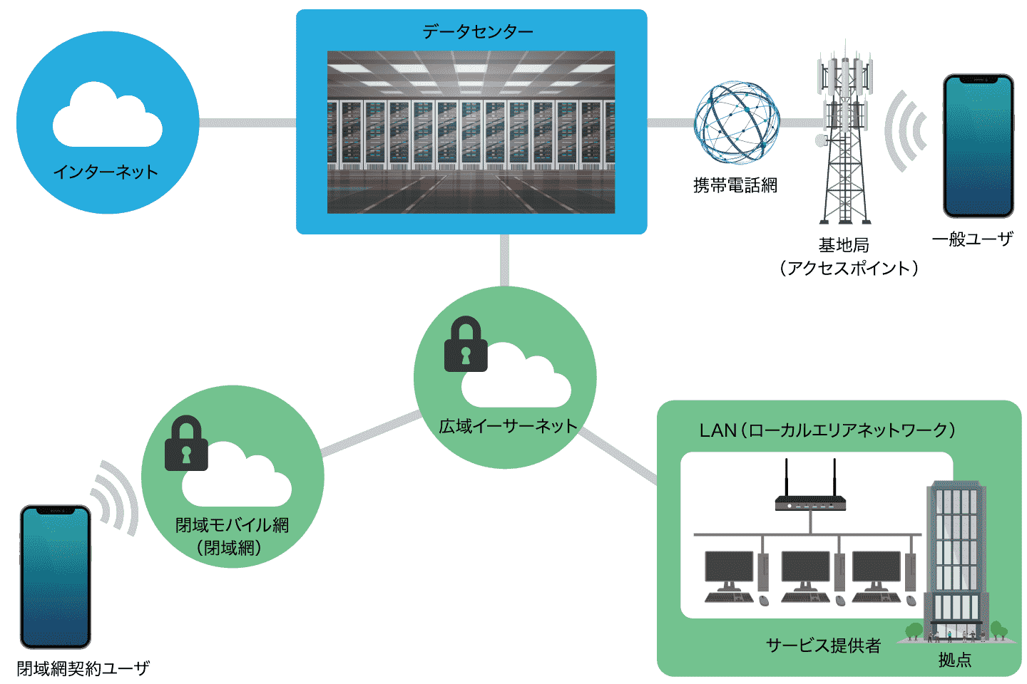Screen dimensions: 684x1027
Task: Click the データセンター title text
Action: pyautogui.click(x=477, y=32)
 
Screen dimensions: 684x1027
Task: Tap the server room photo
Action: pyautogui.click(x=471, y=133)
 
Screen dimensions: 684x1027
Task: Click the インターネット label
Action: pyautogui.click(x=106, y=172)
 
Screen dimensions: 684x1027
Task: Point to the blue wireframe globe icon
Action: pyautogui.click(x=737, y=122)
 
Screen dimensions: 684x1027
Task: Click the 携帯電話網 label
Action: pyautogui.click(x=735, y=186)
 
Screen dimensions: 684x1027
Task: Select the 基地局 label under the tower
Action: pyautogui.click(x=844, y=246)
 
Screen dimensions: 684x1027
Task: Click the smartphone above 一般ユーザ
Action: pyautogui.click(x=978, y=145)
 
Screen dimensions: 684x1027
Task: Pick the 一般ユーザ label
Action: pyautogui.click(x=972, y=239)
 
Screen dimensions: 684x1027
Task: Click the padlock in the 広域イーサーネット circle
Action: pyautogui.click(x=466, y=345)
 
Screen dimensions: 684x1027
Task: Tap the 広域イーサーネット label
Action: pyautogui.click(x=508, y=427)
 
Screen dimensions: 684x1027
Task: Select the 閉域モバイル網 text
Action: pyautogui.click(x=232, y=526)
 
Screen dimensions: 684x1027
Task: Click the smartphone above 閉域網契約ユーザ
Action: pyautogui.click(x=56, y=576)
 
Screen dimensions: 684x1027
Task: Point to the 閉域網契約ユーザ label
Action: pyautogui.click(x=83, y=669)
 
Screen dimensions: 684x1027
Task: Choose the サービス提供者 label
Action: pyautogui.click(x=823, y=646)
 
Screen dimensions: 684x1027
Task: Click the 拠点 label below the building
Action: pyautogui.click(x=955, y=660)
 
